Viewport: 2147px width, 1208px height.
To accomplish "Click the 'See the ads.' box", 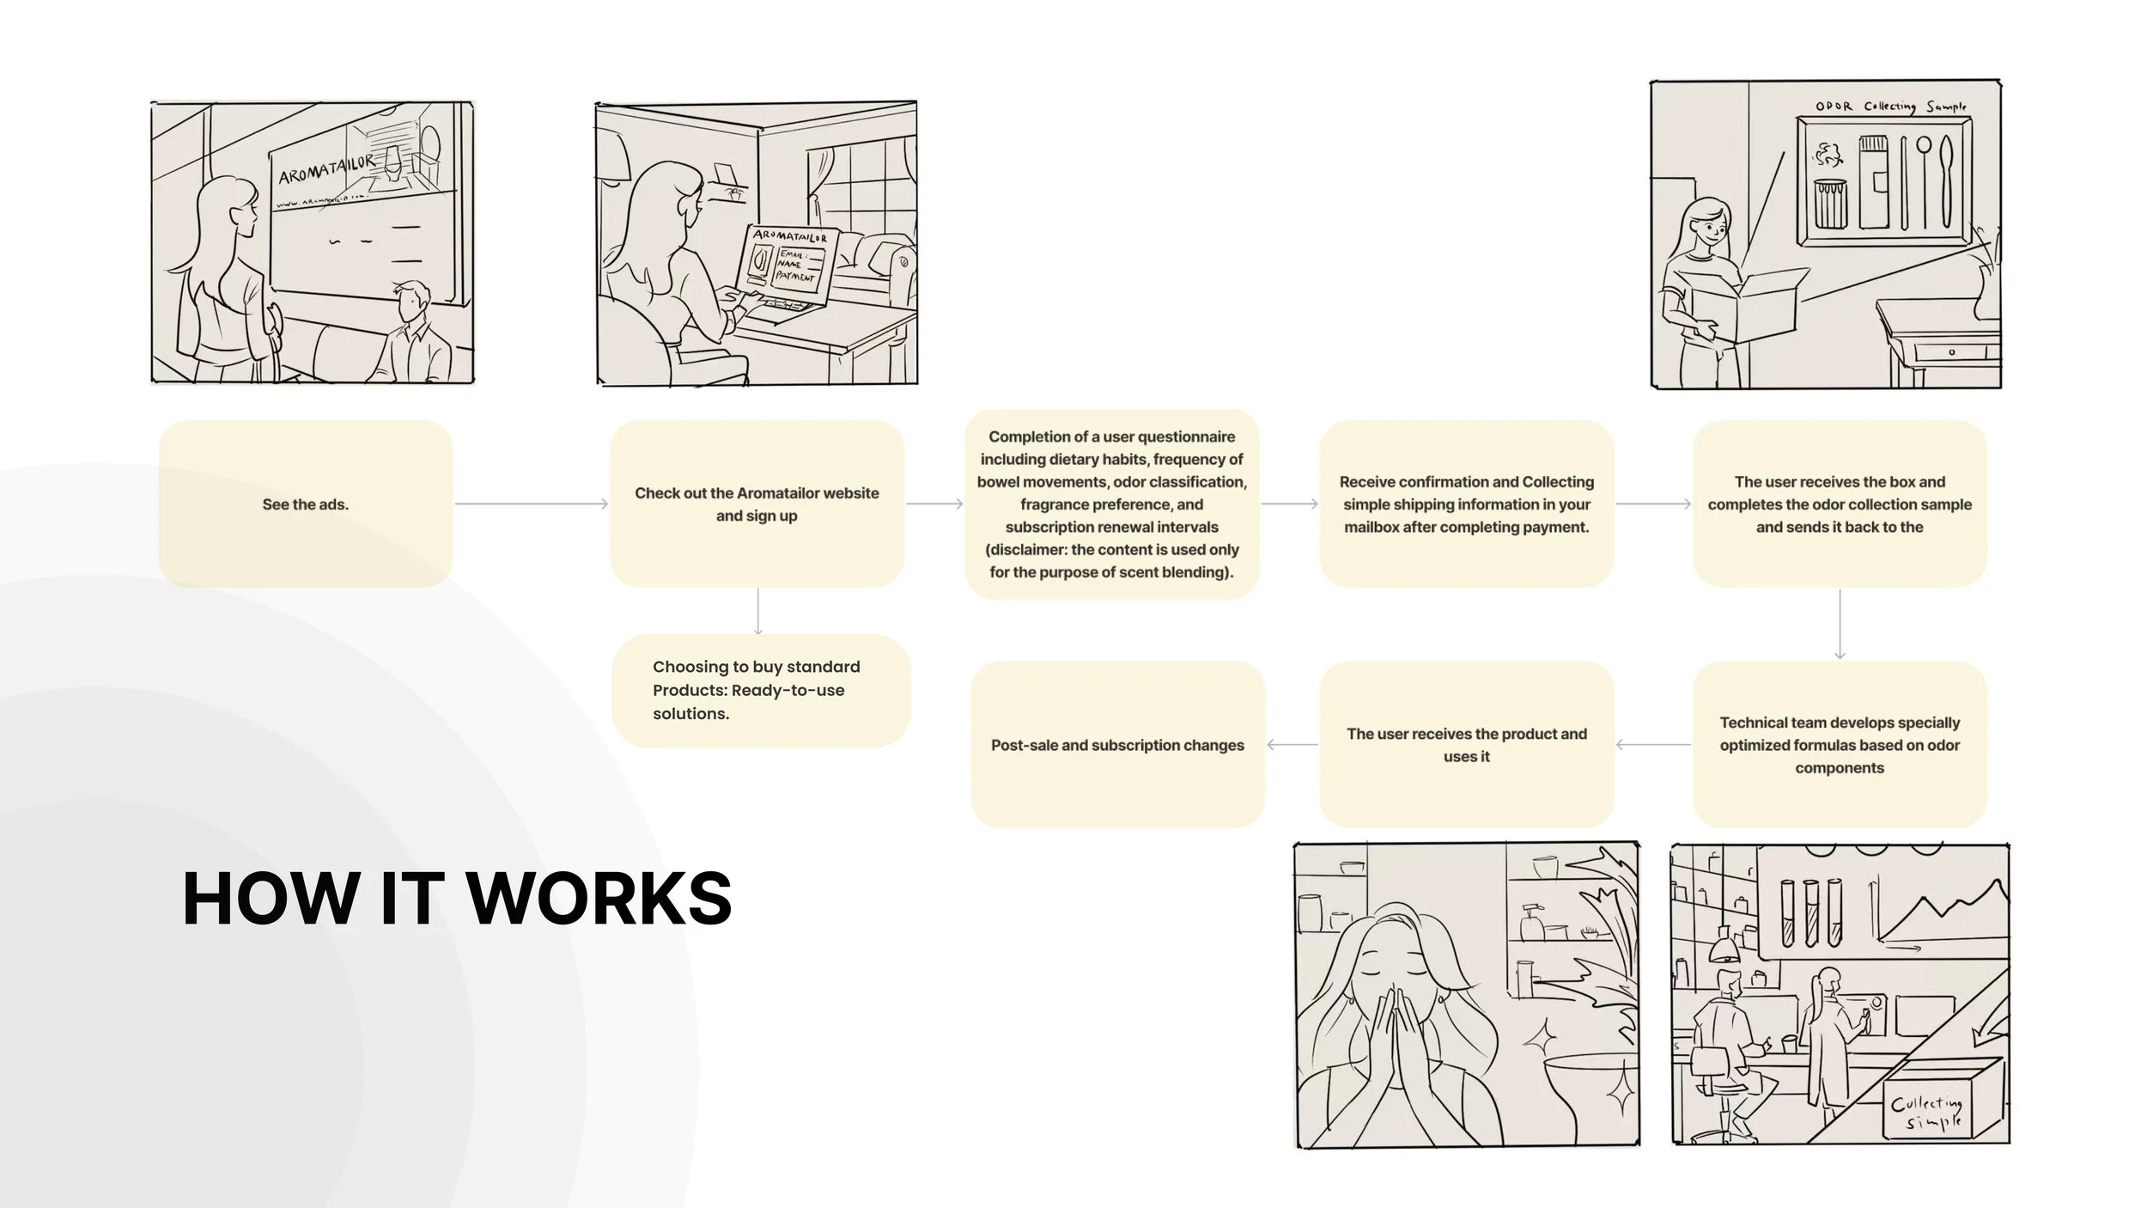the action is click(x=306, y=504).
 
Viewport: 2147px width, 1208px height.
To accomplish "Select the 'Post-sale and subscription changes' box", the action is click(x=1117, y=745).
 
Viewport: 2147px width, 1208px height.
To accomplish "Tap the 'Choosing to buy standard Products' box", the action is click(x=760, y=690).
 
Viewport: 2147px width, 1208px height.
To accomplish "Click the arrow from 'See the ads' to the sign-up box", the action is click(x=532, y=503).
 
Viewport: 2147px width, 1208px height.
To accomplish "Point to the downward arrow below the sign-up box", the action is click(x=757, y=612).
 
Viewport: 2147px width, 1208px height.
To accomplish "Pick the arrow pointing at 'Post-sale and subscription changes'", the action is click(x=1292, y=745).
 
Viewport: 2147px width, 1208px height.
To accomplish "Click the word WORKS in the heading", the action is click(x=599, y=899).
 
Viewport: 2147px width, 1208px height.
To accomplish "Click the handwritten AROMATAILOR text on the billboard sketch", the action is click(x=326, y=169).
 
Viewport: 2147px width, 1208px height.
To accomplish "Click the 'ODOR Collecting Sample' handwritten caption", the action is click(x=1889, y=107).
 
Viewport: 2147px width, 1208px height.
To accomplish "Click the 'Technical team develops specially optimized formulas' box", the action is click(x=1839, y=745).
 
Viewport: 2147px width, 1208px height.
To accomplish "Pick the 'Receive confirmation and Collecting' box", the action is click(x=1466, y=504).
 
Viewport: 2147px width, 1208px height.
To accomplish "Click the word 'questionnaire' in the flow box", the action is click(x=1187, y=436).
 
